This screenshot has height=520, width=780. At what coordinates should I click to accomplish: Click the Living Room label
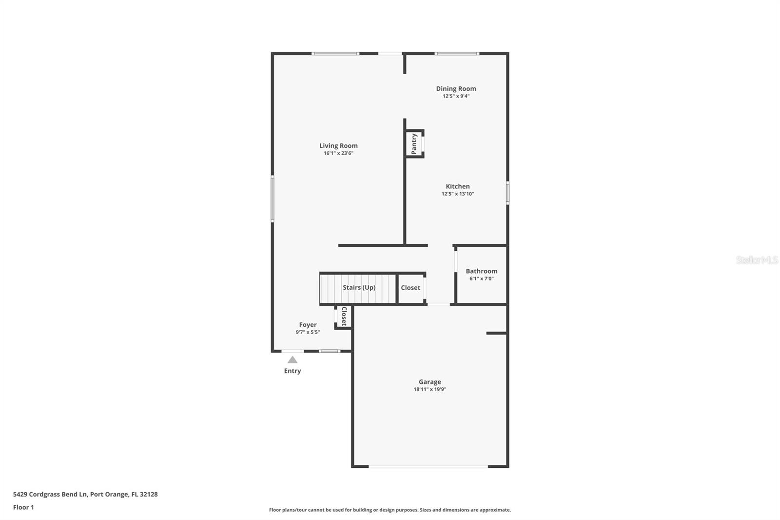click(x=338, y=145)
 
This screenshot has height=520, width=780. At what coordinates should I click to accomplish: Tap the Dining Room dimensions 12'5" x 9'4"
click(x=456, y=96)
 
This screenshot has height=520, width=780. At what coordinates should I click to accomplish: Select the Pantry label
click(x=414, y=144)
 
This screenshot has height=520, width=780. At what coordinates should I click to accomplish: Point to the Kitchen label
click(x=458, y=186)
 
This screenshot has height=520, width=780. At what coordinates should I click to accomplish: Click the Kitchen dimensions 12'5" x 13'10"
click(x=458, y=194)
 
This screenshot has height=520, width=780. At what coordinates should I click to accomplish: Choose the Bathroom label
click(x=481, y=271)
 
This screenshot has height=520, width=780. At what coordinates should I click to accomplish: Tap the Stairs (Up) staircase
click(x=358, y=288)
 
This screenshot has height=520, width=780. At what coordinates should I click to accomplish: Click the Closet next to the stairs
click(x=410, y=288)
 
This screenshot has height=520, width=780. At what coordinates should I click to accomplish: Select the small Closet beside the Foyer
click(x=344, y=316)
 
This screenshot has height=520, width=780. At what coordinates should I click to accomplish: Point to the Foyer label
click(x=308, y=325)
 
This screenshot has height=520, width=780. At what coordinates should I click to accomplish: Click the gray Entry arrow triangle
click(x=292, y=360)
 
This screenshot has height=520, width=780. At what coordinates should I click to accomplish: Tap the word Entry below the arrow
click(x=292, y=371)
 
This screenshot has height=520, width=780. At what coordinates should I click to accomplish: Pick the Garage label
click(x=429, y=382)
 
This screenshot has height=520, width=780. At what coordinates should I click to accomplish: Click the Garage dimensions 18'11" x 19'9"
click(x=429, y=389)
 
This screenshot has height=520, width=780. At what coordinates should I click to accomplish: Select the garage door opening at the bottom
click(x=428, y=466)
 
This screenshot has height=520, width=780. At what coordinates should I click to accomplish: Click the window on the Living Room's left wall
click(x=273, y=199)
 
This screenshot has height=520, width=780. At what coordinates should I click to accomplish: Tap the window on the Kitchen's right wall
click(x=507, y=193)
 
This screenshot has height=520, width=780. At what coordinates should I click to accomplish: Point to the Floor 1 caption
click(x=23, y=507)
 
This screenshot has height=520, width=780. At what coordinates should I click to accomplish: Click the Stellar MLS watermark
click(x=757, y=260)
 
